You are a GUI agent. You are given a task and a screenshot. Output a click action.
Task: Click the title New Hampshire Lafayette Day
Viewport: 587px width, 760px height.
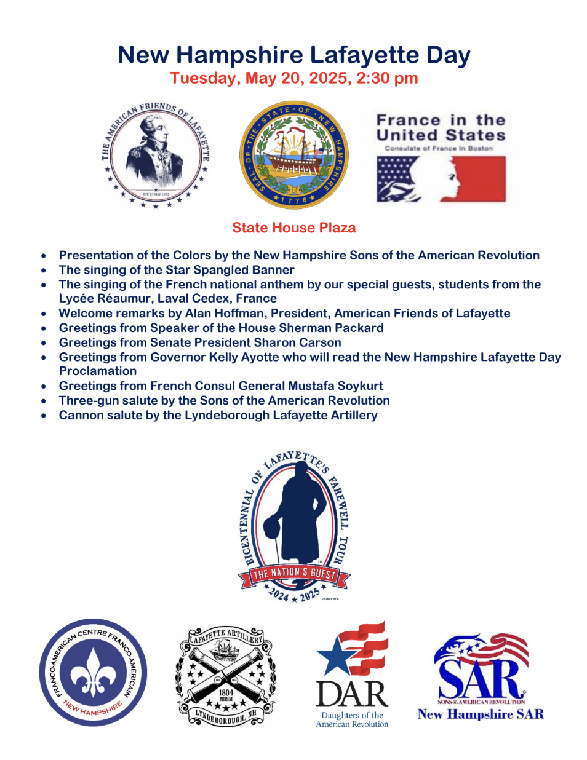click(x=293, y=55)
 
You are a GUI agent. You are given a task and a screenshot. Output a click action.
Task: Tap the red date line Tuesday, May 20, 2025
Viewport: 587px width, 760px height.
click(x=293, y=79)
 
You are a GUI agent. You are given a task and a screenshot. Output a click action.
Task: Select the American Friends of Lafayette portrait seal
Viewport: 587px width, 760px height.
click(x=155, y=155)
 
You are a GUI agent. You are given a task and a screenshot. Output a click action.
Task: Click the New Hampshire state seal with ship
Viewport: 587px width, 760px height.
click(x=293, y=156)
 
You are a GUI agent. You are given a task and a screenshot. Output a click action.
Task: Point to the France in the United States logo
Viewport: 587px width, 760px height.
click(x=441, y=157)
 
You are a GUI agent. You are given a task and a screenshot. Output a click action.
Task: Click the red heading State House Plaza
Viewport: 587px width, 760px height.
click(x=293, y=228)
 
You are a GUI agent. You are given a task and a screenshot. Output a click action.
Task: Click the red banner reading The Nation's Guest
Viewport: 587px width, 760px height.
click(x=294, y=574)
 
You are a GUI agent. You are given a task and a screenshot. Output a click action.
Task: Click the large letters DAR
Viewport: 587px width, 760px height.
click(x=352, y=694)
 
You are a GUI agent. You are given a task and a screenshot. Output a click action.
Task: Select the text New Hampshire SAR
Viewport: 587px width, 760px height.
click(x=481, y=714)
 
